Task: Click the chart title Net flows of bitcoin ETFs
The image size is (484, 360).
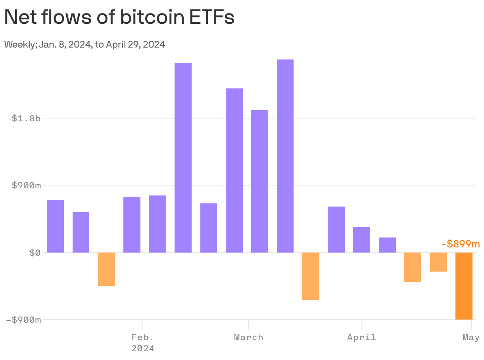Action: [119, 18]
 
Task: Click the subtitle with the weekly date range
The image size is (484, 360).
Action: [85, 44]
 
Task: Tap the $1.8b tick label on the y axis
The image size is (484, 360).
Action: [26, 118]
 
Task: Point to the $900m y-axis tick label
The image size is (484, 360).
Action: [26, 185]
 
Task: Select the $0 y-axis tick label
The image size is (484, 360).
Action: [35, 253]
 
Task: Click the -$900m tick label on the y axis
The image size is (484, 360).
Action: [23, 320]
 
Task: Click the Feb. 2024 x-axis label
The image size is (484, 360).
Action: [143, 343]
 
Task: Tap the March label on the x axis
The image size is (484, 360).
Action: [248, 337]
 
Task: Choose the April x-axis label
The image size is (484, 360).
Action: [361, 337]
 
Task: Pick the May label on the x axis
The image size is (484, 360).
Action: [471, 337]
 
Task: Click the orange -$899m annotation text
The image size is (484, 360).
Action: [460, 244]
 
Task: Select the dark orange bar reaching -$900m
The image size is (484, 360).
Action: [464, 285]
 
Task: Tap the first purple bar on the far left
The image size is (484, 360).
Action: [55, 226]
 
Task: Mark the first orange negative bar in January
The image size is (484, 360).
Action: [106, 269]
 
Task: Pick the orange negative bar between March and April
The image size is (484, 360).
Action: [311, 276]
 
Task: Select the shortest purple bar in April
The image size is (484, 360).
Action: [387, 245]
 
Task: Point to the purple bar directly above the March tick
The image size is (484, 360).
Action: [234, 170]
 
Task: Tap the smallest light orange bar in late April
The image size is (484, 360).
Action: [438, 262]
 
